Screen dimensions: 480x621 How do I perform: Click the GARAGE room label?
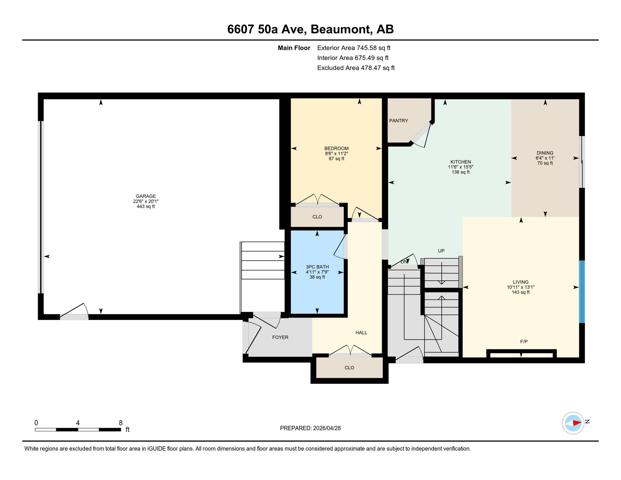pyautogui.click(x=146, y=196)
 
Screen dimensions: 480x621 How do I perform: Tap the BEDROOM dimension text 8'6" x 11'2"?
pyautogui.click(x=336, y=153)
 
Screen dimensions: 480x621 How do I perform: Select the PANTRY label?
pyautogui.click(x=398, y=121)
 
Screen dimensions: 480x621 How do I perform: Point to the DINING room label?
pyautogui.click(x=545, y=153)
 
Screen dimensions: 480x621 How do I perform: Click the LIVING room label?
pyautogui.click(x=520, y=282)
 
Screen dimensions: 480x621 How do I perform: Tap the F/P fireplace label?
pyautogui.click(x=524, y=342)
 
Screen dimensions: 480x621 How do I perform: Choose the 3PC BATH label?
pyautogui.click(x=317, y=267)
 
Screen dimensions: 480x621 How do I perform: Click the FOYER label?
pyautogui.click(x=280, y=337)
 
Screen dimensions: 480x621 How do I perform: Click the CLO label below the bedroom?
pyautogui.click(x=317, y=217)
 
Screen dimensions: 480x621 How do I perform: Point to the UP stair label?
pyautogui.click(x=441, y=251)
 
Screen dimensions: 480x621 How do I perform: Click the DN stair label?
pyautogui.click(x=404, y=262)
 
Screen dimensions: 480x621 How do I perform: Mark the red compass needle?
pyautogui.click(x=577, y=423)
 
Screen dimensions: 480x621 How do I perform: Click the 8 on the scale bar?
pyautogui.click(x=121, y=423)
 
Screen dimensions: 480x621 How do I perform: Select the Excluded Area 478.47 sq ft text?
pyautogui.click(x=355, y=68)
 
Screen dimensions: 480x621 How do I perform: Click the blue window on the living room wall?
pyautogui.click(x=582, y=292)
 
